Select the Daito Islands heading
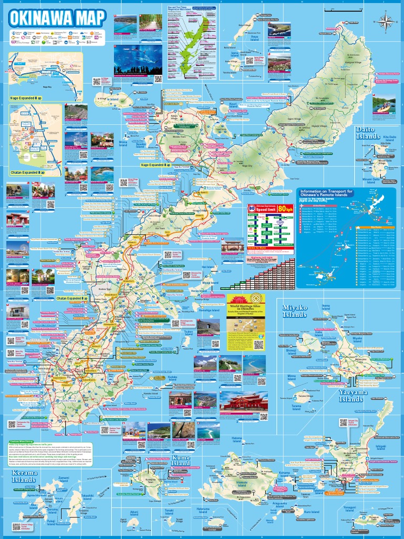[x=368, y=133]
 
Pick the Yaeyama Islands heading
[x=351, y=395]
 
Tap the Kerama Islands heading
[x=24, y=476]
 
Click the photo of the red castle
[x=244, y=401]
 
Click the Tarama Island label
[x=296, y=407]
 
